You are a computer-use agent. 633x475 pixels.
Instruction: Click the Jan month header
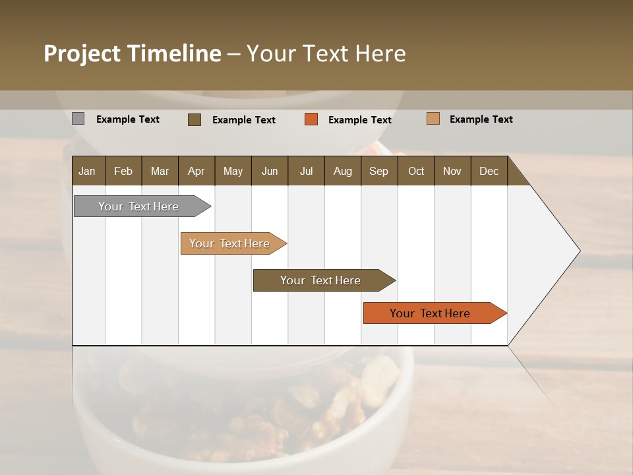88,171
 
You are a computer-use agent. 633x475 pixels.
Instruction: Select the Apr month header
196,171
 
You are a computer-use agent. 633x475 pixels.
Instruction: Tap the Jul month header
307,171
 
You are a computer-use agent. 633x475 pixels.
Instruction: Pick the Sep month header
378,171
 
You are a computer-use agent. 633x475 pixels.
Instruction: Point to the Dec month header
489,171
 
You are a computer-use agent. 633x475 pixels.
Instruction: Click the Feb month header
123,171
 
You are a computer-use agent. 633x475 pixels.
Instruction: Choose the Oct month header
416,171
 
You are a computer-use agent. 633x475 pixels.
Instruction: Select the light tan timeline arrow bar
231,243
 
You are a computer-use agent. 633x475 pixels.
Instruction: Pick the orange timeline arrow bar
432,313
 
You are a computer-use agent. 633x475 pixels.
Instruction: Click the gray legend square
78,119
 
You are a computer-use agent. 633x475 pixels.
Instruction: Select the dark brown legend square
195,119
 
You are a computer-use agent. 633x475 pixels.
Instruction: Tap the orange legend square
311,119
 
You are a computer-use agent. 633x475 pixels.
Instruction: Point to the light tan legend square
433,119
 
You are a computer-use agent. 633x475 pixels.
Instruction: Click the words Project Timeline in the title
132,53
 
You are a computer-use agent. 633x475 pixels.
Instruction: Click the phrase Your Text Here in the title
326,53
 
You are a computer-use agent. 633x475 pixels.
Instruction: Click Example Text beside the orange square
359,120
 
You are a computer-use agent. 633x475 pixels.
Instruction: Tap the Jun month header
270,171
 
